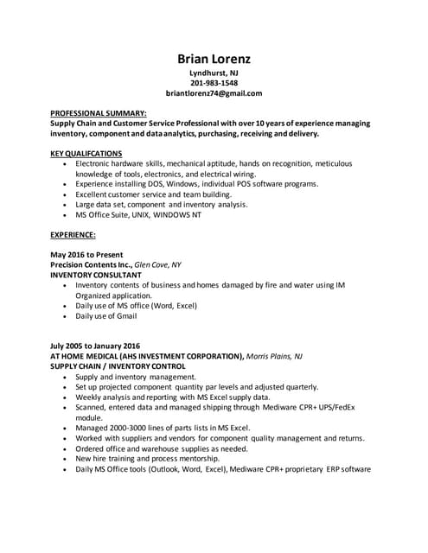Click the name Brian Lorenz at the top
pyautogui.click(x=214, y=59)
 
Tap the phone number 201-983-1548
pyautogui.click(x=214, y=83)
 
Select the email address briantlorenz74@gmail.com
pyautogui.click(x=214, y=93)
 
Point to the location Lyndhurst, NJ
pyautogui.click(x=214, y=73)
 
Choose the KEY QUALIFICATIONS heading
pyautogui.click(x=86, y=153)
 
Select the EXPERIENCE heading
pyautogui.click(x=73, y=235)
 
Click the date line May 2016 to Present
pyautogui.click(x=87, y=255)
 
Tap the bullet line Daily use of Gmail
pyautogui.click(x=106, y=316)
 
